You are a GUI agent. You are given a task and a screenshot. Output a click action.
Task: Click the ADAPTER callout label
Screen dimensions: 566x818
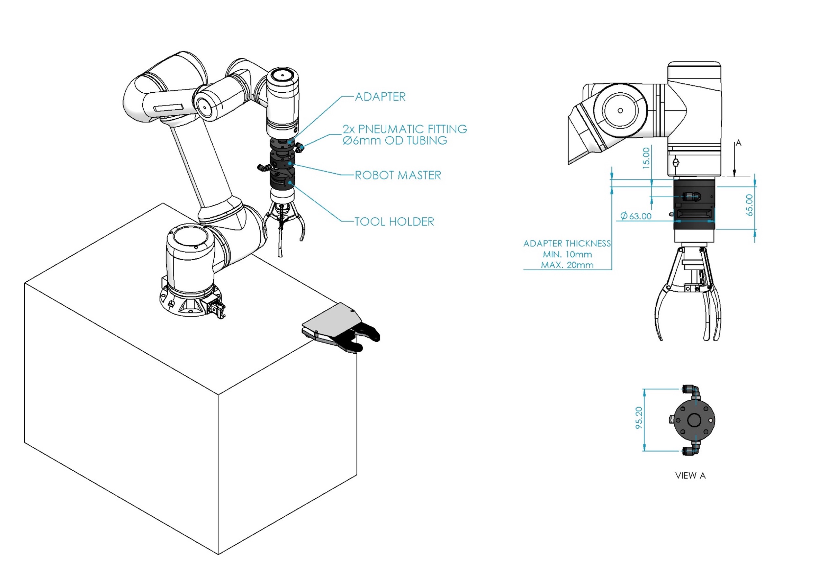click(x=380, y=97)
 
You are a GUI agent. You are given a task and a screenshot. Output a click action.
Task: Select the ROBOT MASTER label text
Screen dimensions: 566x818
click(x=397, y=175)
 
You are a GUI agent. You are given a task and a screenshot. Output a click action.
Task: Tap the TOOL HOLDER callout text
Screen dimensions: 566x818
click(x=394, y=222)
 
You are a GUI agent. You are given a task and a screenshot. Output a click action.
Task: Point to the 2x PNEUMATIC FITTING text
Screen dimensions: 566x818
click(x=404, y=129)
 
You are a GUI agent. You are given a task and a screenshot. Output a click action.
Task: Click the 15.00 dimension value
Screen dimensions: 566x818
click(x=646, y=158)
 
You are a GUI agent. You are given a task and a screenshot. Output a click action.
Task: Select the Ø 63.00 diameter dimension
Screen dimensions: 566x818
click(x=636, y=216)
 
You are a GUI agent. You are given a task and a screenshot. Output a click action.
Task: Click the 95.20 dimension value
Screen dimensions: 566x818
click(x=639, y=418)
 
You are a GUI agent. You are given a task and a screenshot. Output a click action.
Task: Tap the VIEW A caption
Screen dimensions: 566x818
click(x=690, y=476)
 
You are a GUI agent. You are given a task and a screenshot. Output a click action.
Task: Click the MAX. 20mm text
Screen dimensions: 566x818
click(x=567, y=265)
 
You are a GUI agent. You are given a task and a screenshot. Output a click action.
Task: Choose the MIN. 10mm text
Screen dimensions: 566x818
click(x=567, y=254)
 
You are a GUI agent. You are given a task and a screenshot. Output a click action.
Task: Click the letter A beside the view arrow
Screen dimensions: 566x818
click(x=738, y=143)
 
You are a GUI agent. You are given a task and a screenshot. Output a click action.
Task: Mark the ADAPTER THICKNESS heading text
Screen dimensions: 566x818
click(x=567, y=243)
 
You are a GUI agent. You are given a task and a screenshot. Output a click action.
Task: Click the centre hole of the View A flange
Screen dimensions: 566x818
click(x=694, y=420)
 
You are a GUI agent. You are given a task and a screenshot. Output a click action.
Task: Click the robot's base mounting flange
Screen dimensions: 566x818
click(x=190, y=303)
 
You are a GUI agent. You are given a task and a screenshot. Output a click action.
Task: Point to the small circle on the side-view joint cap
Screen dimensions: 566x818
click(x=620, y=110)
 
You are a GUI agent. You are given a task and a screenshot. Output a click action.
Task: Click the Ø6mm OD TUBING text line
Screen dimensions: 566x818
click(x=395, y=140)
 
